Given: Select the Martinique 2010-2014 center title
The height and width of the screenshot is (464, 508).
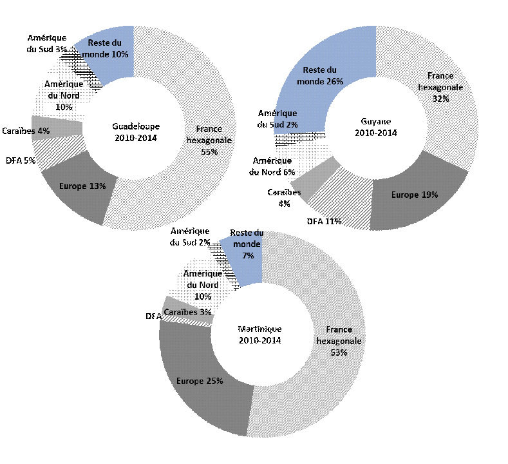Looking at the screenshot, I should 262,334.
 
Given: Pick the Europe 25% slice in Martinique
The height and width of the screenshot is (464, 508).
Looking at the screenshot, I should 200,380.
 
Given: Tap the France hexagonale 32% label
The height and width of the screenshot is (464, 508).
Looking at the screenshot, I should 440,87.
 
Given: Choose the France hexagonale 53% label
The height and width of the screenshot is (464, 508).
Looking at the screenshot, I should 339,340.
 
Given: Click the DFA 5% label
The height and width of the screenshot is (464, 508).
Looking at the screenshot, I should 20,160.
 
